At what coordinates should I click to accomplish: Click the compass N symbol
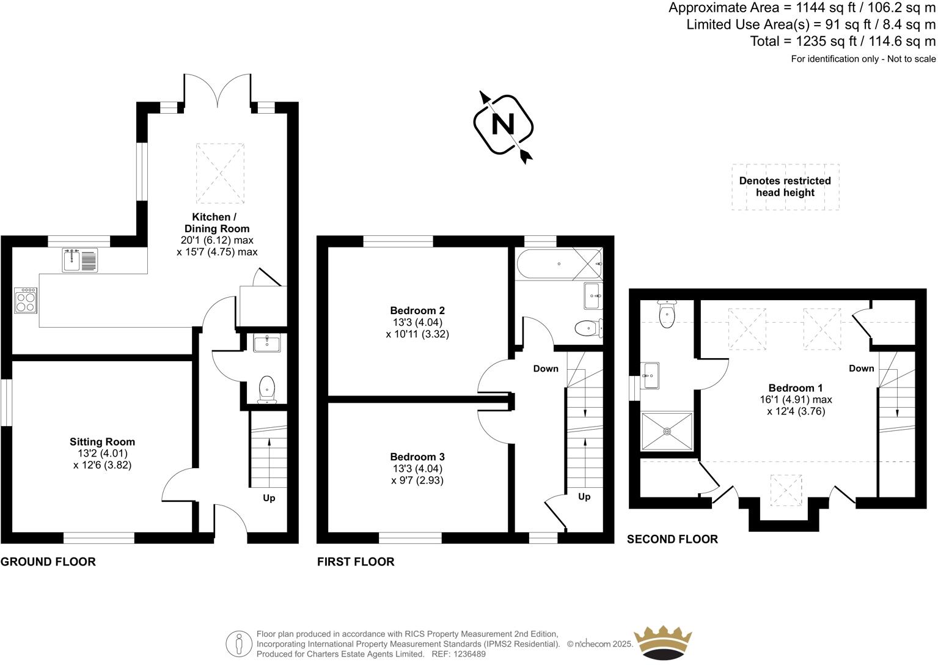click(x=504, y=125)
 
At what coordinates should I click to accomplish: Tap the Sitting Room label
click(x=102, y=442)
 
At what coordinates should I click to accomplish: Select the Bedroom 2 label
click(x=417, y=310)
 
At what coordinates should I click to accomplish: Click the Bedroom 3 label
click(x=417, y=457)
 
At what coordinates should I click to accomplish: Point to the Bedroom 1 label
click(x=796, y=388)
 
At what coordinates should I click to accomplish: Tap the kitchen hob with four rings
click(x=26, y=300)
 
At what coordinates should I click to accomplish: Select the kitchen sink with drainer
click(x=79, y=260)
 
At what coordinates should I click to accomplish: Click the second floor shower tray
click(x=667, y=431)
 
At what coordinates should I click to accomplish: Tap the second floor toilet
click(x=667, y=314)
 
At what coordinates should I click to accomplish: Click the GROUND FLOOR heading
click(x=48, y=562)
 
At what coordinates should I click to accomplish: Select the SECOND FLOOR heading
click(x=672, y=539)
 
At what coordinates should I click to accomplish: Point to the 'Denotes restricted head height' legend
click(x=785, y=187)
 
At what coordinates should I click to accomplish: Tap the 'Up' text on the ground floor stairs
click(x=269, y=498)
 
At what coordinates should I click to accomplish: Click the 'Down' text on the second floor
click(x=861, y=368)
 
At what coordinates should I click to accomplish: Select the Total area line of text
click(x=843, y=42)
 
